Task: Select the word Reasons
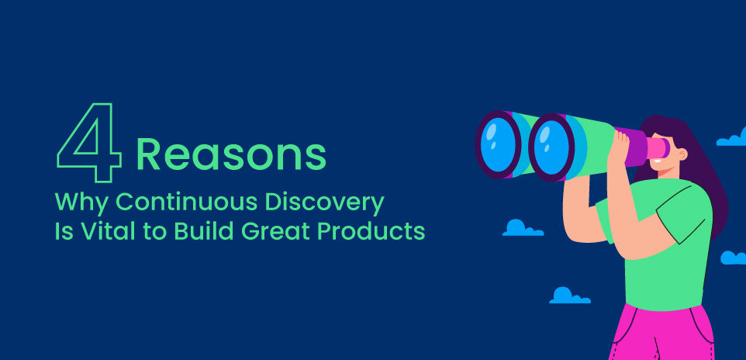click(x=231, y=154)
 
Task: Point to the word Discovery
click(x=324, y=203)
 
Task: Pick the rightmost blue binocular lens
click(x=552, y=147)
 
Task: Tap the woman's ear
click(x=682, y=154)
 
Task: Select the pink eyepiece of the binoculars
click(x=659, y=147)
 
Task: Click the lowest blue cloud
click(x=569, y=296)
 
